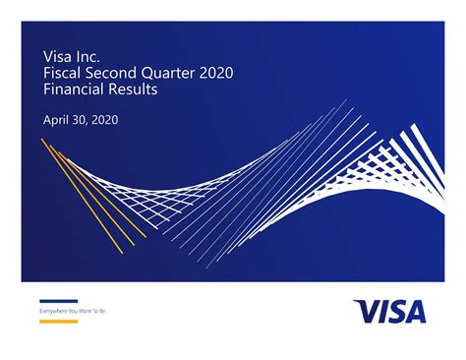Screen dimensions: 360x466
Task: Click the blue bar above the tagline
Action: point(58,301)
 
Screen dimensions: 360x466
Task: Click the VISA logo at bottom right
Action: point(389,311)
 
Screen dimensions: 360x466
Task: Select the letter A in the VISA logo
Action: point(415,311)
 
